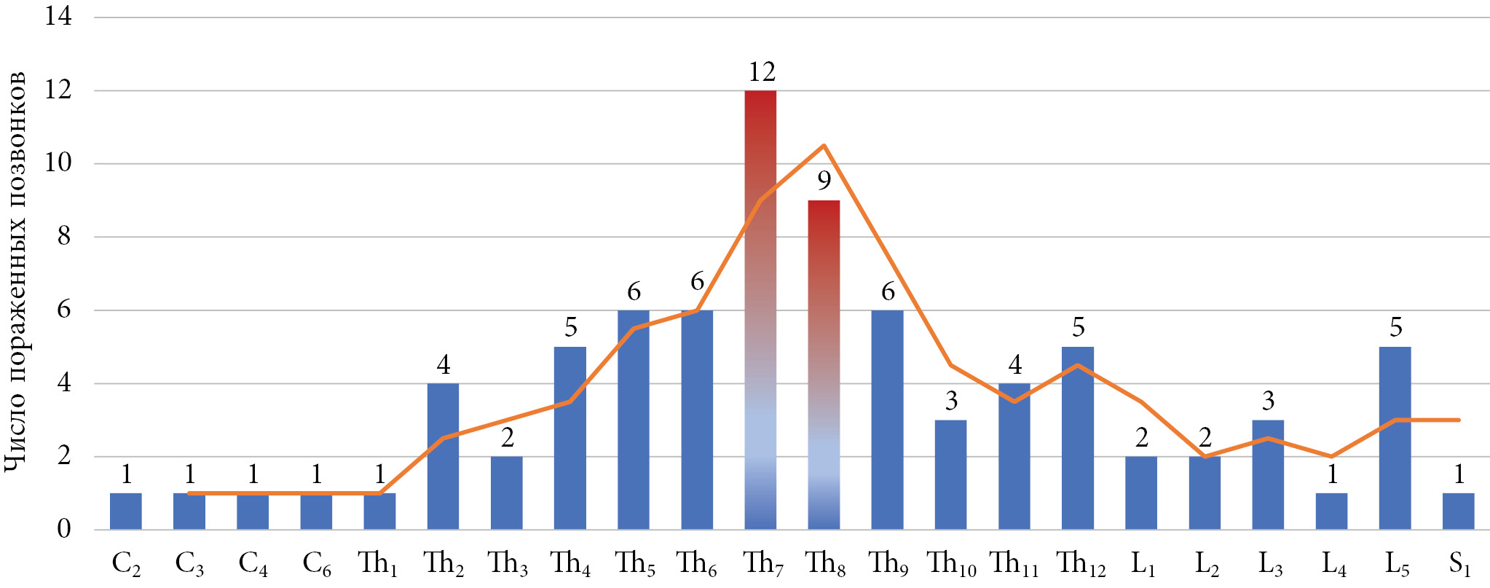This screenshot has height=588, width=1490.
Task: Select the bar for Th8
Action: tap(824, 364)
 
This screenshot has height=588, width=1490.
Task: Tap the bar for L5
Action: tap(1395, 438)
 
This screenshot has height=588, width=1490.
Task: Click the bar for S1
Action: tap(1458, 511)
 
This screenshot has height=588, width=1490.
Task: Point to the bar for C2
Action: tap(126, 511)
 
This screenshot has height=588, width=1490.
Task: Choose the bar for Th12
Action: tap(1078, 438)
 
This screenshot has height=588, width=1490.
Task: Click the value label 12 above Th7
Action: tap(762, 72)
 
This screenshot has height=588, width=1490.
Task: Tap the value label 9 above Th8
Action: tap(824, 181)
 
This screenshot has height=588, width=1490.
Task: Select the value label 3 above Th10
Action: tap(951, 401)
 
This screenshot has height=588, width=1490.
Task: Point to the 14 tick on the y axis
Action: tap(58, 16)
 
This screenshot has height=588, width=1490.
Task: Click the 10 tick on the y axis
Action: tap(58, 162)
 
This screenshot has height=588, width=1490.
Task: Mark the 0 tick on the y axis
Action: tap(64, 529)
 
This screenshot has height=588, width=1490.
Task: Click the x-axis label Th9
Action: tap(888, 564)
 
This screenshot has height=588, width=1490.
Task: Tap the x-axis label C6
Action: tap(317, 564)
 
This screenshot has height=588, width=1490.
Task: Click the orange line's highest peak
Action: tap(824, 146)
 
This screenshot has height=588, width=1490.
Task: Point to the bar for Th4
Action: tap(569, 438)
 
